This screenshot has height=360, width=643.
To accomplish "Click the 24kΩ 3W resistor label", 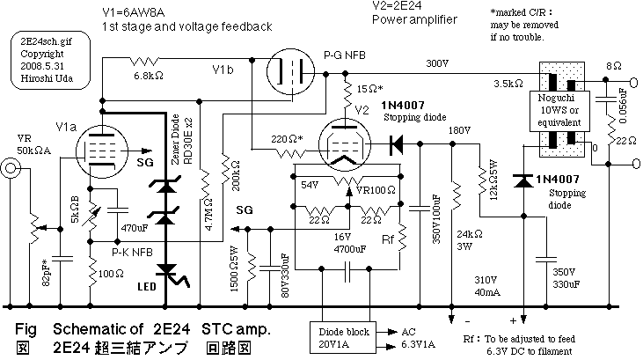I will [x=468, y=242].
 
